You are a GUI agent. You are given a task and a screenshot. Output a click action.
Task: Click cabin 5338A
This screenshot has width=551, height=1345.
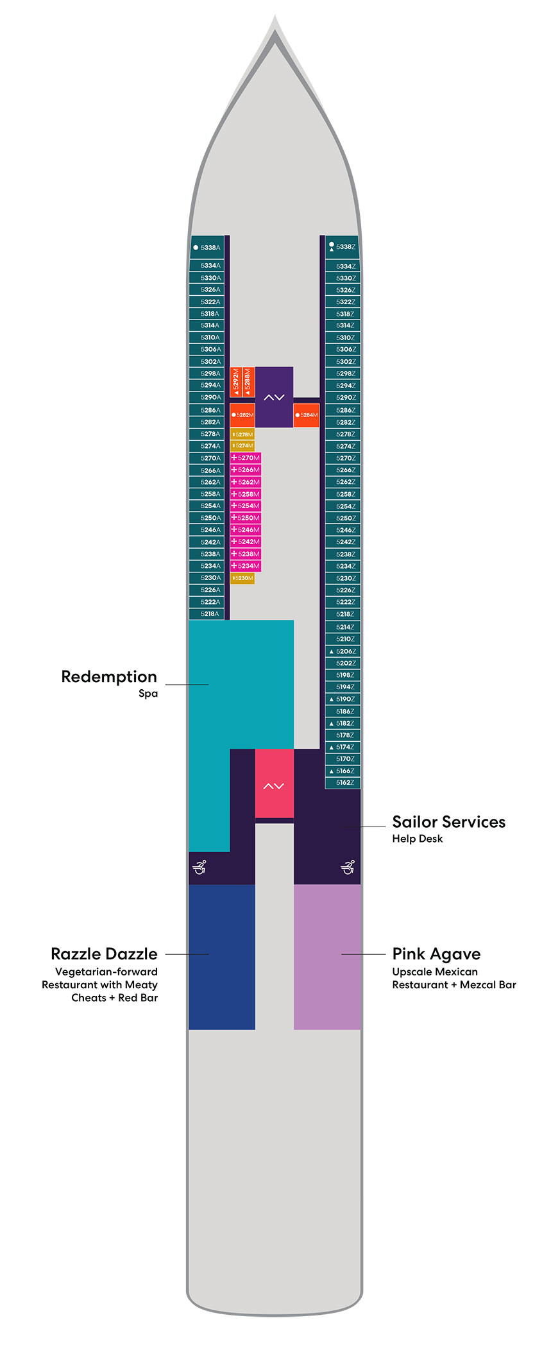(x=207, y=248)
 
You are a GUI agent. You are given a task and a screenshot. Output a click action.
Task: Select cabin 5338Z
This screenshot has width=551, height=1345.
(x=343, y=247)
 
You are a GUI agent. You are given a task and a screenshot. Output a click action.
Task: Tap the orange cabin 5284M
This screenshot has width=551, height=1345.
(x=307, y=415)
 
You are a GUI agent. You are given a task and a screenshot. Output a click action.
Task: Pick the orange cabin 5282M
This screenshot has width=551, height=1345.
(x=242, y=415)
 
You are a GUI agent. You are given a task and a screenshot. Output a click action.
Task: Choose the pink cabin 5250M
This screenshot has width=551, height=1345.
(x=246, y=518)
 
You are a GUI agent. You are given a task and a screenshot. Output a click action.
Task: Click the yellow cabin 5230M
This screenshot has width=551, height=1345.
(x=242, y=578)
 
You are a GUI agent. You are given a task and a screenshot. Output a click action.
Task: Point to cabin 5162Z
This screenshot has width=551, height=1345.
(x=343, y=783)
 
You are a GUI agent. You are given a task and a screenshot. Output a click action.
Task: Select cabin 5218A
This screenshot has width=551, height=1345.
(x=207, y=614)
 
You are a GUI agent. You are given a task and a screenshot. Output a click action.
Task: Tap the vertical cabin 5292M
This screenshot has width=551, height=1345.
(x=236, y=382)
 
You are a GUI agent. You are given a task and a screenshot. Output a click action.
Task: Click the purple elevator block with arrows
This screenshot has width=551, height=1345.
(x=274, y=397)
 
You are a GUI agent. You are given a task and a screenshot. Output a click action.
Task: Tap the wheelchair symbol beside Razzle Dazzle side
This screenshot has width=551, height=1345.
(x=199, y=868)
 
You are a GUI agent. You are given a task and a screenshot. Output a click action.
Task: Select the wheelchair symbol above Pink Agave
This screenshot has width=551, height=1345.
(x=348, y=868)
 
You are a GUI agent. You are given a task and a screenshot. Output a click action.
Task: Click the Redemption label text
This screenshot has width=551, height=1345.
(x=109, y=677)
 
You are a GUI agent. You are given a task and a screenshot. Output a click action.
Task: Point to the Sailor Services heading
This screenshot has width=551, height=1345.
(x=448, y=822)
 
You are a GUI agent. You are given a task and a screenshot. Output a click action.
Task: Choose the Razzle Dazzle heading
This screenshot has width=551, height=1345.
(x=104, y=954)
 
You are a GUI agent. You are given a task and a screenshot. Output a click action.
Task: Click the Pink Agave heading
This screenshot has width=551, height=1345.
(x=436, y=954)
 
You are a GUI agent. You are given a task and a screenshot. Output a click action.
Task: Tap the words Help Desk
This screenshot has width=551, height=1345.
(x=417, y=839)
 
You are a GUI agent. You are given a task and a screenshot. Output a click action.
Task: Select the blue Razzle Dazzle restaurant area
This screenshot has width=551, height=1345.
(x=221, y=957)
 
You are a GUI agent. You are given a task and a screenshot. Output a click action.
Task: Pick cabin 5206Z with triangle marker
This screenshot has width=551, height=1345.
(x=343, y=651)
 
